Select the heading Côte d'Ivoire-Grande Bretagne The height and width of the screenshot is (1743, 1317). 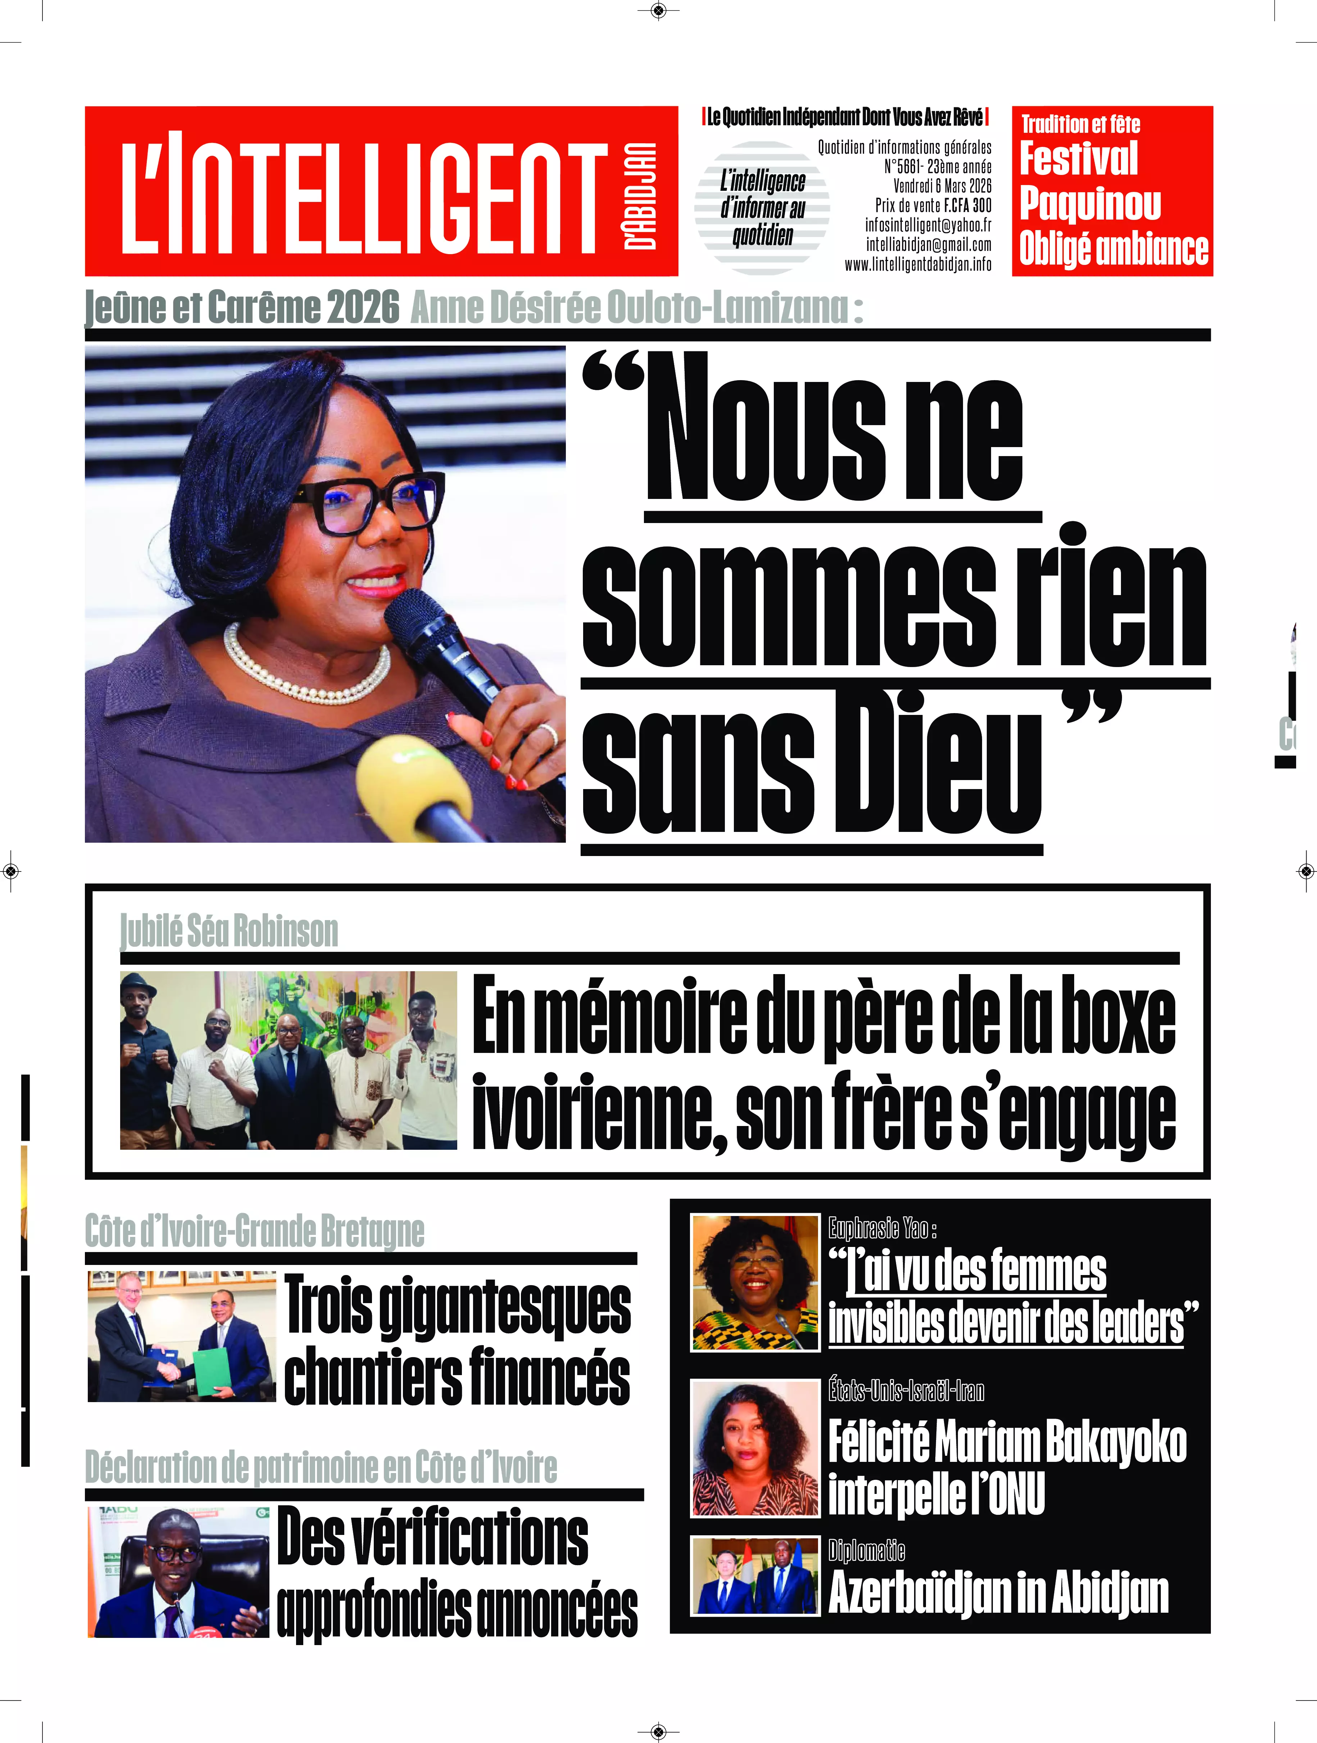pos(254,1231)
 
